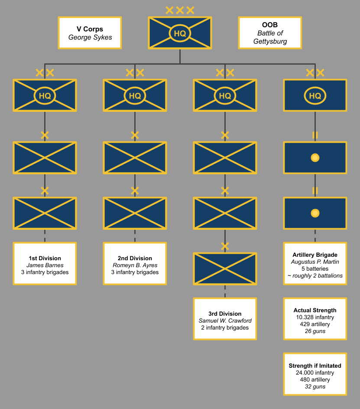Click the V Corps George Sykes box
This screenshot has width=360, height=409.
[x=90, y=33]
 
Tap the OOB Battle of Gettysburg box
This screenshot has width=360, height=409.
[x=270, y=33]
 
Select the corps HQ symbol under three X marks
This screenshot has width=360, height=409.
[x=180, y=33]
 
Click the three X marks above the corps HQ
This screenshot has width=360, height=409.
[x=180, y=10]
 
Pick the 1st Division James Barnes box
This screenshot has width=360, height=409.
[x=45, y=264]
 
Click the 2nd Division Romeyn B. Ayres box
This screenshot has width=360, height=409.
[x=135, y=264]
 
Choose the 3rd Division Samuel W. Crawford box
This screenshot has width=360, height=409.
[x=225, y=319]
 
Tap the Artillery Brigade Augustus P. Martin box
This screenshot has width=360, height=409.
[x=315, y=264]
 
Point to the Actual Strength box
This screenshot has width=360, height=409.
[x=315, y=319]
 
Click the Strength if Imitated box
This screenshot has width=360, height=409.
[x=315, y=374]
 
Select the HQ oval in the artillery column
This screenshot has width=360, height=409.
[x=315, y=95]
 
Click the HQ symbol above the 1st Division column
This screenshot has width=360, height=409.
[x=45, y=95]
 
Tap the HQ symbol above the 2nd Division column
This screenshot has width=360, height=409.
[x=135, y=95]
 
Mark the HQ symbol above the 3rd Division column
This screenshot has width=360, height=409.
[x=225, y=95]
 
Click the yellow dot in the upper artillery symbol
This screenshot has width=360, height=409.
[x=315, y=158]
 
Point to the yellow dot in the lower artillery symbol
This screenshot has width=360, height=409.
[x=315, y=213]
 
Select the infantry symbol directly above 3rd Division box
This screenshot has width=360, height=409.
[x=225, y=269]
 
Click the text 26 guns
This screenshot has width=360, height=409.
[x=315, y=331]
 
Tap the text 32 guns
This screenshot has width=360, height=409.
[x=315, y=387]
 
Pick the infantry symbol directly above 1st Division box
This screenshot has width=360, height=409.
[x=45, y=213]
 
